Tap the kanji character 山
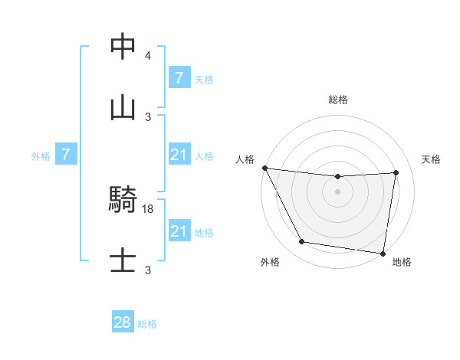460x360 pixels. [123, 108]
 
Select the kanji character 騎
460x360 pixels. [123, 201]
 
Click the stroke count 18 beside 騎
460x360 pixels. [149, 208]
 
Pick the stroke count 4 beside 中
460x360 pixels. [148, 56]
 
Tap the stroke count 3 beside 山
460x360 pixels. [148, 117]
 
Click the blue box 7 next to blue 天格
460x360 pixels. [179, 78]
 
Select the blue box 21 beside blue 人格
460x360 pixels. [179, 155]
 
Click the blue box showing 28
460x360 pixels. [123, 322]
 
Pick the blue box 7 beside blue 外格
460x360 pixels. [66, 155]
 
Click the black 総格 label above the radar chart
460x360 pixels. [338, 100]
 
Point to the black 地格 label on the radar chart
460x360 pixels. [402, 263]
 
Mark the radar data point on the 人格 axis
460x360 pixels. [264, 168]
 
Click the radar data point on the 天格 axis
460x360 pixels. [396, 172]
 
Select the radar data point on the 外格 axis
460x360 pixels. [301, 243]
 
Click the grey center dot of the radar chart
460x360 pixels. [337, 191]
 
